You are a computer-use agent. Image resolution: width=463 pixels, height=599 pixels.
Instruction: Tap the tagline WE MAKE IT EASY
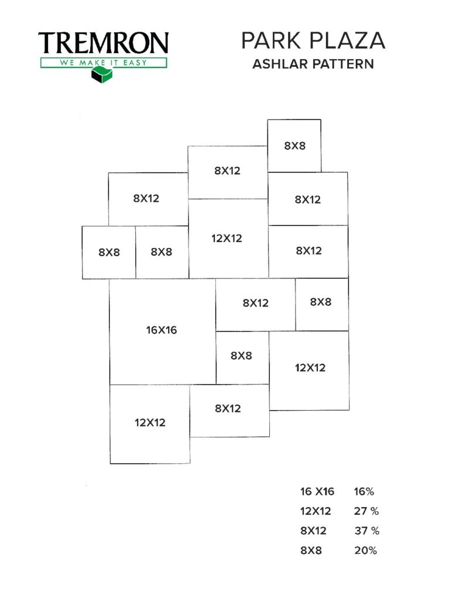pyautogui.click(x=103, y=63)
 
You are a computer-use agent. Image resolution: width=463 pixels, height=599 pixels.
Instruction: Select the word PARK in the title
pyautogui.click(x=270, y=40)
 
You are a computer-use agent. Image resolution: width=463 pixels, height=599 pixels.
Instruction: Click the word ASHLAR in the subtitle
pyautogui.click(x=280, y=64)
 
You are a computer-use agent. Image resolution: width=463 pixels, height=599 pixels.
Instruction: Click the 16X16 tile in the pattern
pyautogui.click(x=163, y=332)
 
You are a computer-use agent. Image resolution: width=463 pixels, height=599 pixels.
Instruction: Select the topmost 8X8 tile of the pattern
pyautogui.click(x=294, y=146)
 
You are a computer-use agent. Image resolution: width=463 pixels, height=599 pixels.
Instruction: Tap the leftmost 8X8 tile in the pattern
pyautogui.click(x=109, y=253)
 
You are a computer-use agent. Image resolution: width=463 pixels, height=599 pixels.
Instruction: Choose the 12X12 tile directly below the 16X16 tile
pyautogui.click(x=150, y=424)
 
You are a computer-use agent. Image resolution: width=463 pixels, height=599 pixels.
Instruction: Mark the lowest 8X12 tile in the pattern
pyautogui.click(x=229, y=411)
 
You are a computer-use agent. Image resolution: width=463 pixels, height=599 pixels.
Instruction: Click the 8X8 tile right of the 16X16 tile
pyautogui.click(x=242, y=358)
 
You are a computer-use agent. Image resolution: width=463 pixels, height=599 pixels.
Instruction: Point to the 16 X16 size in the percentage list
pyautogui.click(x=317, y=491)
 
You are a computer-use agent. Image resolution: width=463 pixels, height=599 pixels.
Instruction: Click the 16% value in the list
pyautogui.click(x=364, y=491)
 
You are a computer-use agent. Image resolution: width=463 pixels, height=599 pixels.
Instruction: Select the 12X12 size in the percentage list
pyautogui.click(x=315, y=511)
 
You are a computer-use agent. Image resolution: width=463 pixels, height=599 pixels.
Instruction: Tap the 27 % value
pyautogui.click(x=366, y=511)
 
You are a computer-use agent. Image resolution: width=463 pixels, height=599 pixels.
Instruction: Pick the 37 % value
pyautogui.click(x=366, y=531)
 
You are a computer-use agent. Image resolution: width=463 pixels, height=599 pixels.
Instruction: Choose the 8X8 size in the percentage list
pyautogui.click(x=311, y=550)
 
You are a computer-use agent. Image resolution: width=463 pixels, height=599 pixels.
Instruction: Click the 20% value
pyautogui.click(x=365, y=550)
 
